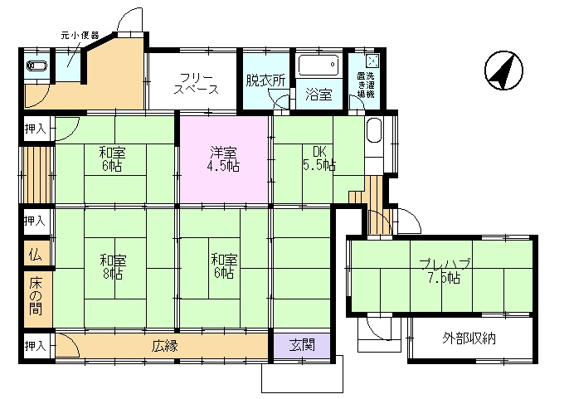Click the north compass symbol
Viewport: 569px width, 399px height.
pos(503,71)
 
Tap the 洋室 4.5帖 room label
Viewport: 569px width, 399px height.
pos(223,159)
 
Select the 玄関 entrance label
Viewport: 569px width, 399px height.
pos(302,345)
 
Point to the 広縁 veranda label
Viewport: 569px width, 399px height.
pos(165,346)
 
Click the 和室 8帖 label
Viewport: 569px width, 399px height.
pos(113,267)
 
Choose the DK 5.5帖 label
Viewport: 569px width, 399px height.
pos(319,158)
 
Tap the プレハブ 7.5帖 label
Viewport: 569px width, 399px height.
pos(445,271)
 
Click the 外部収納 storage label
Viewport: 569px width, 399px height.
pos(469,338)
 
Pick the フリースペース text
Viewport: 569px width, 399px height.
pos(196,84)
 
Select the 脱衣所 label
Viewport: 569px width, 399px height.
pos(265,80)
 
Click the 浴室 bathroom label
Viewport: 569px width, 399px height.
pos(319,95)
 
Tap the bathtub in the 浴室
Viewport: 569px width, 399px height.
pos(319,65)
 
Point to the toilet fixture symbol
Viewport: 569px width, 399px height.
pos(37,66)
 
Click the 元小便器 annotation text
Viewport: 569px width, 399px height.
pos(80,36)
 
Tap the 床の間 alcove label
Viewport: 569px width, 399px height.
pos(36,296)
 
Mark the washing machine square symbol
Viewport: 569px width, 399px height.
pos(372,61)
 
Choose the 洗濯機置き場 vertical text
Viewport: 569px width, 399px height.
pos(366,85)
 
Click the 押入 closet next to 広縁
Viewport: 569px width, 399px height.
pos(35,346)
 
